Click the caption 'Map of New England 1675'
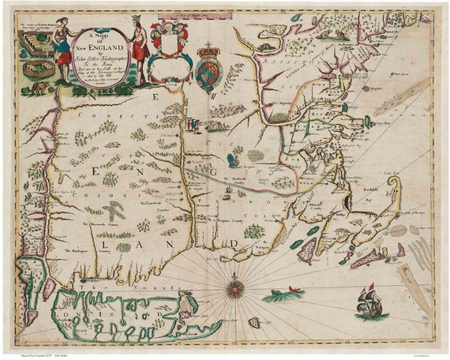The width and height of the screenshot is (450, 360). [x=47, y=353]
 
